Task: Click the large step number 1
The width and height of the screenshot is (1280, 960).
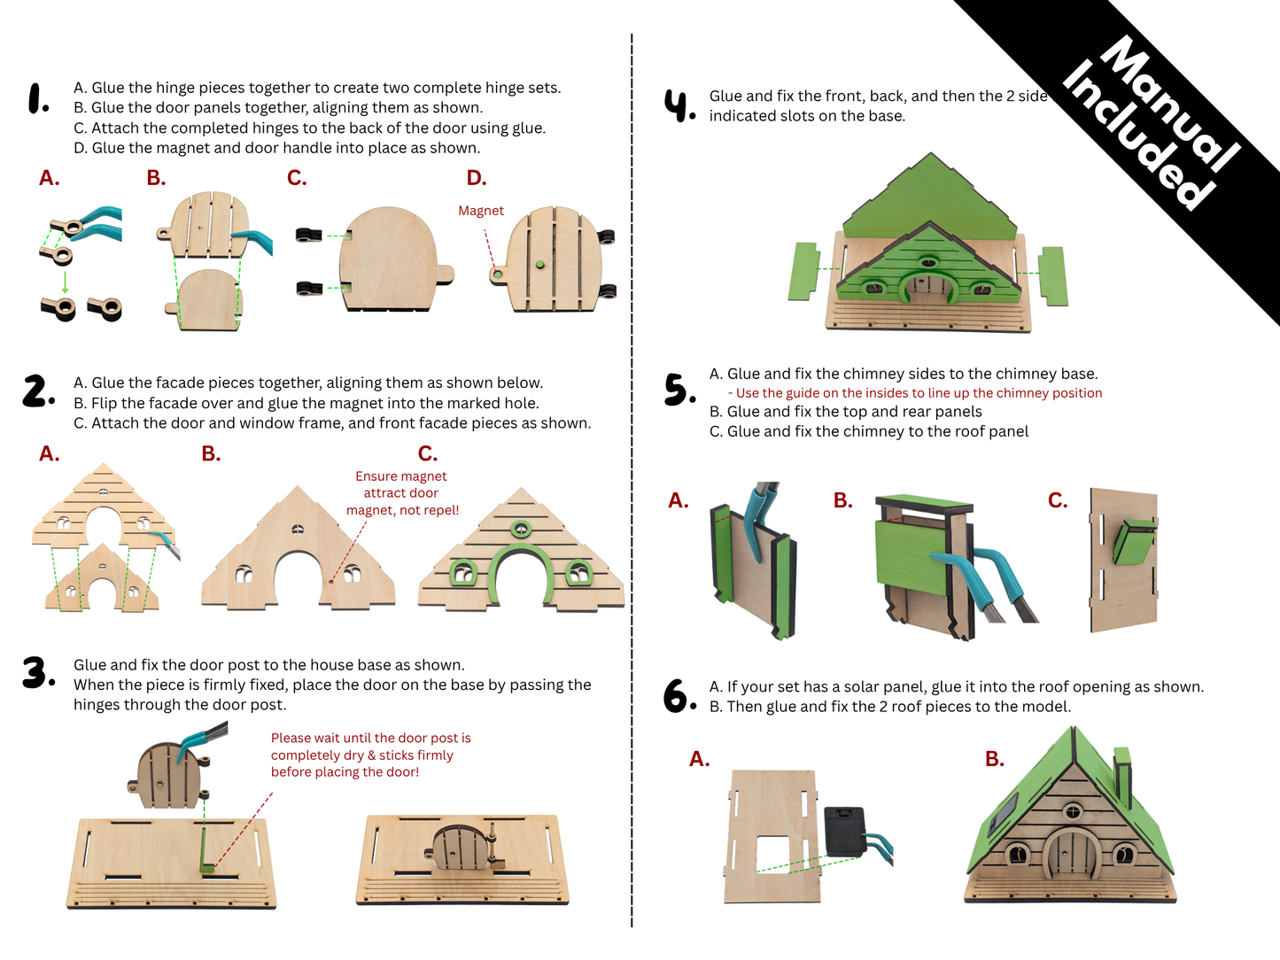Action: pyautogui.click(x=38, y=98)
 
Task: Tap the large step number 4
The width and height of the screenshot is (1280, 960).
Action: pyautogui.click(x=679, y=105)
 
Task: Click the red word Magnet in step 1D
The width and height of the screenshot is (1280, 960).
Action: pyautogui.click(x=481, y=211)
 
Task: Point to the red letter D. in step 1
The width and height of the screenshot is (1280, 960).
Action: pyautogui.click(x=477, y=178)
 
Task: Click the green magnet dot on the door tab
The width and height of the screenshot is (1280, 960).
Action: pyautogui.click(x=498, y=275)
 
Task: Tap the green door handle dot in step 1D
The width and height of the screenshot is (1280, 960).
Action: pyautogui.click(x=539, y=264)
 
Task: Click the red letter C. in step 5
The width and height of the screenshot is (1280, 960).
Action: pyautogui.click(x=1058, y=500)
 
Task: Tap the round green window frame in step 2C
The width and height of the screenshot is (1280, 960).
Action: pyautogui.click(x=520, y=530)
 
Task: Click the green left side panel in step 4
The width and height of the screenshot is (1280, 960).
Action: pyautogui.click(x=803, y=270)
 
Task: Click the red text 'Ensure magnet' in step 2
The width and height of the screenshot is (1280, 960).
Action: pyautogui.click(x=401, y=476)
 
